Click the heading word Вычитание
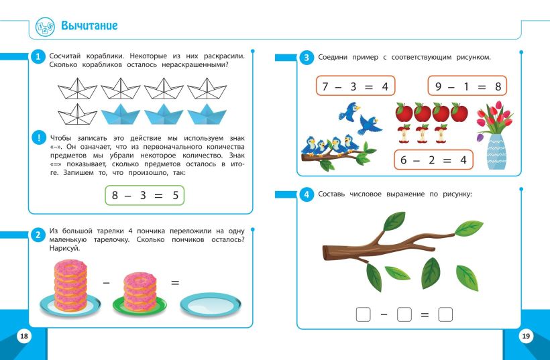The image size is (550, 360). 89,25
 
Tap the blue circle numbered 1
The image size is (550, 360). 38,57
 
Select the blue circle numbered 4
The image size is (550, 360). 307,194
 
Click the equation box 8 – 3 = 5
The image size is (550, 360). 144,195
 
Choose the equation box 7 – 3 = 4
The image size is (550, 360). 355,86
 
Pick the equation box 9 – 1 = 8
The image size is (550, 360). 467,86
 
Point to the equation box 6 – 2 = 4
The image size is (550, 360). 433,160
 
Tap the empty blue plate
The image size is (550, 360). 211,304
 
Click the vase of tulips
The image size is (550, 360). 496,135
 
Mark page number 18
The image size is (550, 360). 24,336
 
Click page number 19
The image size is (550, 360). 526,336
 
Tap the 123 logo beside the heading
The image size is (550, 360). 45,27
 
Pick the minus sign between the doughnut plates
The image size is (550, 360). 106,282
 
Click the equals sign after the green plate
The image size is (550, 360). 175,282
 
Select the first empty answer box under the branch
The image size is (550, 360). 363,314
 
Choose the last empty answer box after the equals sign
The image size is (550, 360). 445,314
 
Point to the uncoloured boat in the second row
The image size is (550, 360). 77,114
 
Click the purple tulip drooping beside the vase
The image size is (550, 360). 480,137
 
